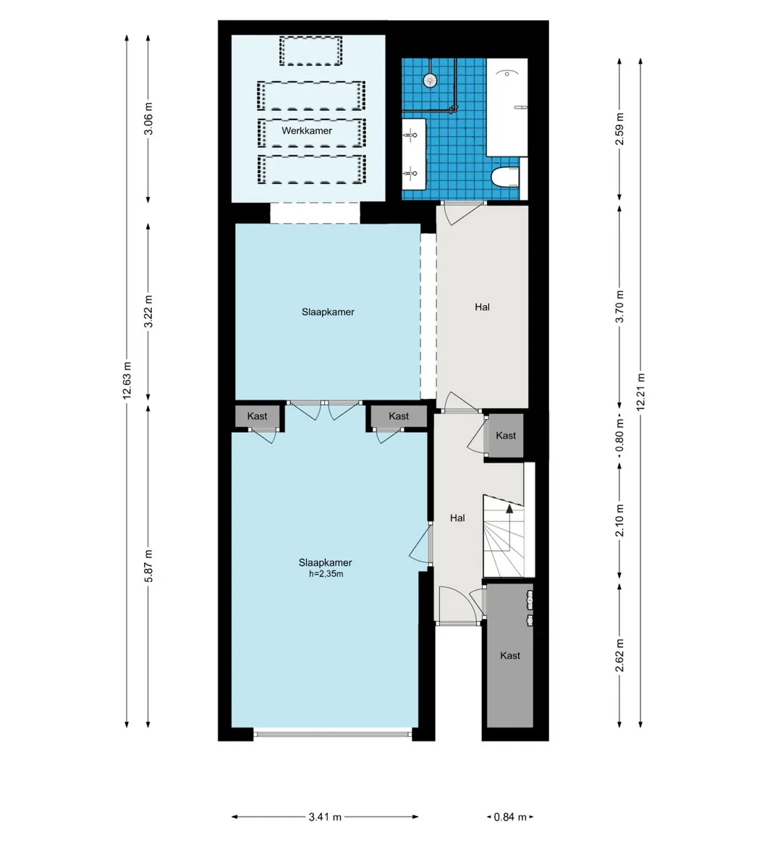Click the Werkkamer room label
[x=307, y=130]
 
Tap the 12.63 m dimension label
[x=127, y=380]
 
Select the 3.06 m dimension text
[x=148, y=119]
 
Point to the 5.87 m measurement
[x=148, y=565]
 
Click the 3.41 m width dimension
[x=326, y=817]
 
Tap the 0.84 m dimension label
[x=510, y=817]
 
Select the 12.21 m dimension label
[x=640, y=392]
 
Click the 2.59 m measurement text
[x=620, y=129]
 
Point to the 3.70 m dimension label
[x=620, y=307]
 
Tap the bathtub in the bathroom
[x=507, y=107]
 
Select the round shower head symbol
[x=430, y=80]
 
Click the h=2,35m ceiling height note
[x=326, y=573]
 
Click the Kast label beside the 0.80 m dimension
[x=506, y=436]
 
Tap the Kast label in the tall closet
[x=510, y=655]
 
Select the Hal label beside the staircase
[x=457, y=518]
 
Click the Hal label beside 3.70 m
[x=482, y=307]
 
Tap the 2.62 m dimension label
[x=620, y=655]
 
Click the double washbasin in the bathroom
[x=414, y=154]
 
